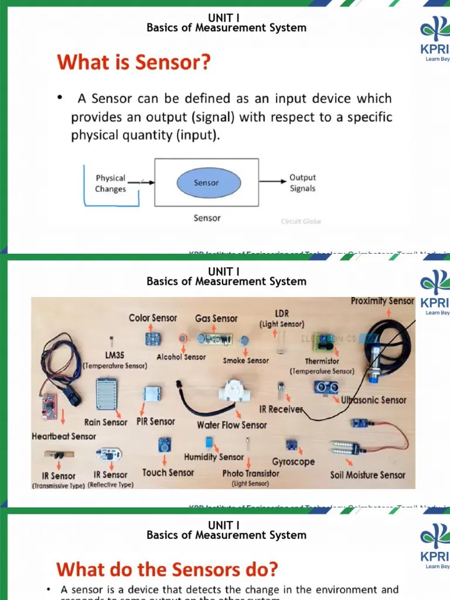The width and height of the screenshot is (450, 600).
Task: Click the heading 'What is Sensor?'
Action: [x=133, y=62]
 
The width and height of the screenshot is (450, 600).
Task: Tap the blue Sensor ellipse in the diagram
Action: [x=206, y=183]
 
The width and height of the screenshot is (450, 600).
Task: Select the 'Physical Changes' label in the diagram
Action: [x=110, y=183]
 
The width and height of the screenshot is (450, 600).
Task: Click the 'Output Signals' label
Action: [x=302, y=183]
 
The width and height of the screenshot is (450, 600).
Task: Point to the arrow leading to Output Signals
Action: [x=273, y=182]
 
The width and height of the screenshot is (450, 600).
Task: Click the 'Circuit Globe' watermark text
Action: [x=301, y=221]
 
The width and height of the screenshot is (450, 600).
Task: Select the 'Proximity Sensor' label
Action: [x=382, y=301]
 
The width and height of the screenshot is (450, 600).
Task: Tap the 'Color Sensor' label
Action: [x=153, y=318]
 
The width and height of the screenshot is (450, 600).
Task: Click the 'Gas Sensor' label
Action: [x=216, y=318]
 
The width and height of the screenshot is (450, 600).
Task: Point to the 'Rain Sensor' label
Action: [x=106, y=422]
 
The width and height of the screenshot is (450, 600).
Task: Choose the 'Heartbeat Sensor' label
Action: [x=64, y=437]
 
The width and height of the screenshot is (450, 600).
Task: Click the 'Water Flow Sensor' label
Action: [x=231, y=425]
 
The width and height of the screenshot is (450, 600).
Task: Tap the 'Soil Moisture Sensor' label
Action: [x=367, y=475]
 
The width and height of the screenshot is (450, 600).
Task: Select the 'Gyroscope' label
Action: [x=293, y=462]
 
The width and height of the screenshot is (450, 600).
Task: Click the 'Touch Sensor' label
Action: [x=168, y=472]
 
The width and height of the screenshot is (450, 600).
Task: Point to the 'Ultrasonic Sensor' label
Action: [x=374, y=400]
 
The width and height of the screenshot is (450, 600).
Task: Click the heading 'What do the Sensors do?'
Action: [x=167, y=569]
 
